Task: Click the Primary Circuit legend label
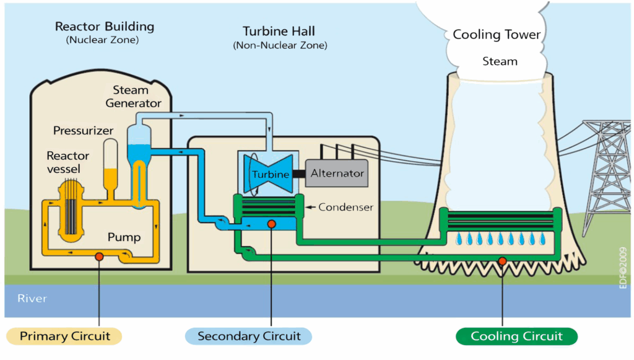(64, 336)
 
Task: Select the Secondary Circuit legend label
(249, 336)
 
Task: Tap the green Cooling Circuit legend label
(516, 336)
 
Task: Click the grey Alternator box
(337, 173)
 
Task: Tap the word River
(32, 299)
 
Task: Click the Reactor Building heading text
(105, 27)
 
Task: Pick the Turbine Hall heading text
(279, 31)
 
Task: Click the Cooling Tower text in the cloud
(497, 35)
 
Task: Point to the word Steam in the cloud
(500, 61)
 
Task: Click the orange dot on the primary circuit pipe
(98, 257)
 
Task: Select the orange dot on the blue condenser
(271, 224)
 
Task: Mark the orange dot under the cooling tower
(502, 260)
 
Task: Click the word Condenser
(345, 208)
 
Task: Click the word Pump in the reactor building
(124, 237)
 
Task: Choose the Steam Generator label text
(133, 97)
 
